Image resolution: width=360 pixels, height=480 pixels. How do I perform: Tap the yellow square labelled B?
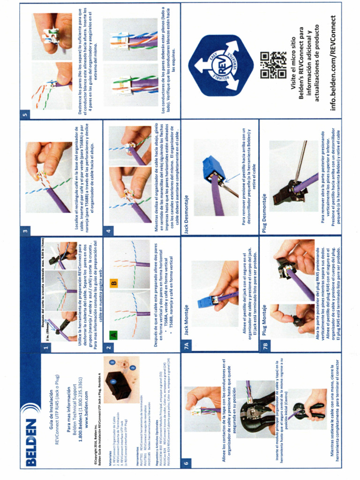point(113,283)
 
